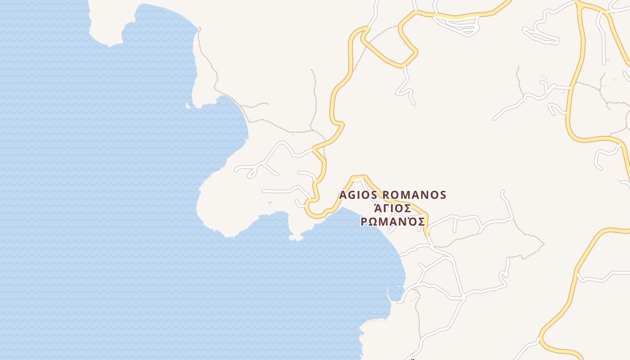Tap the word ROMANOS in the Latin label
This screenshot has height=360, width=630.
[414, 195]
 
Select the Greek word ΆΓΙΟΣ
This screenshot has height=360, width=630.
[392, 209]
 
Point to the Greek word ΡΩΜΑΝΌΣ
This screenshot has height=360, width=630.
[393, 222]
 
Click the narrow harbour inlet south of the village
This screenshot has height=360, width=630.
[395, 292]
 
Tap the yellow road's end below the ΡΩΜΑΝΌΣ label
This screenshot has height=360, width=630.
[427, 233]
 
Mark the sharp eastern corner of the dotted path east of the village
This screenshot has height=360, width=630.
[544, 244]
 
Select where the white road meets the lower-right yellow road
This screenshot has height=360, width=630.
[578, 273]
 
